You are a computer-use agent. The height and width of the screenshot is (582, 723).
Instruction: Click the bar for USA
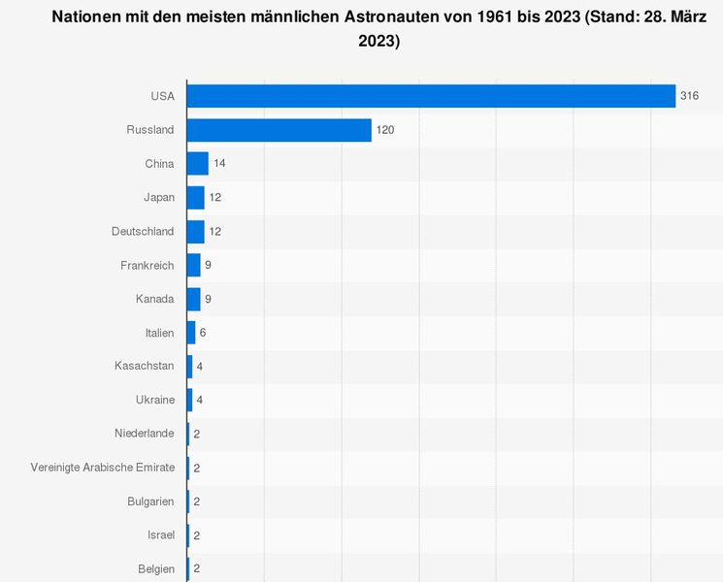[431, 96]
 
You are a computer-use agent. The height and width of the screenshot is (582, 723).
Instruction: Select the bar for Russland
[279, 130]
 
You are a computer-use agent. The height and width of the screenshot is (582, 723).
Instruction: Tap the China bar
[198, 164]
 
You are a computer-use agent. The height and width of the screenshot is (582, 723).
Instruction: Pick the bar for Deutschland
[196, 231]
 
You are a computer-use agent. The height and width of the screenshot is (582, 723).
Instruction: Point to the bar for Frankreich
[194, 265]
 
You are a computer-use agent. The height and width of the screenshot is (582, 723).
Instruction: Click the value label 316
[690, 96]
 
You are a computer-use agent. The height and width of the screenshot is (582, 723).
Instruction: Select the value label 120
[386, 130]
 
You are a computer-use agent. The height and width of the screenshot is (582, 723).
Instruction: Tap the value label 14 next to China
[219, 164]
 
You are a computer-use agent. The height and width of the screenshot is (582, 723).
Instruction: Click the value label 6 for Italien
[203, 333]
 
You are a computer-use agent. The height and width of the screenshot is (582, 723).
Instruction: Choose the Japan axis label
[159, 198]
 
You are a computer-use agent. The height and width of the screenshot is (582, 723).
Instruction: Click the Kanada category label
[155, 299]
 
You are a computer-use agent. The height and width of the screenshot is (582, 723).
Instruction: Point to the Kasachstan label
[145, 366]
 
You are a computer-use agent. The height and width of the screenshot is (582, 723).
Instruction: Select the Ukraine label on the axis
[155, 400]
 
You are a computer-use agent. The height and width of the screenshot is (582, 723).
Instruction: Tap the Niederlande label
[144, 434]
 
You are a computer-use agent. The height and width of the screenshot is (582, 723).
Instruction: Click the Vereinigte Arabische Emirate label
[103, 468]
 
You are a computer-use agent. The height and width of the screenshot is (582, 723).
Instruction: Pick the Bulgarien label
[150, 501]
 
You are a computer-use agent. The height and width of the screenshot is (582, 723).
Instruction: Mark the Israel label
[160, 534]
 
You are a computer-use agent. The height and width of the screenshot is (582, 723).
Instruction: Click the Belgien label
[155, 568]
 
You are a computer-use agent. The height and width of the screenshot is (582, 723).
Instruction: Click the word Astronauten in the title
[379, 17]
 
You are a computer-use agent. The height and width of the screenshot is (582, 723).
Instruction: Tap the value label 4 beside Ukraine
[200, 400]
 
